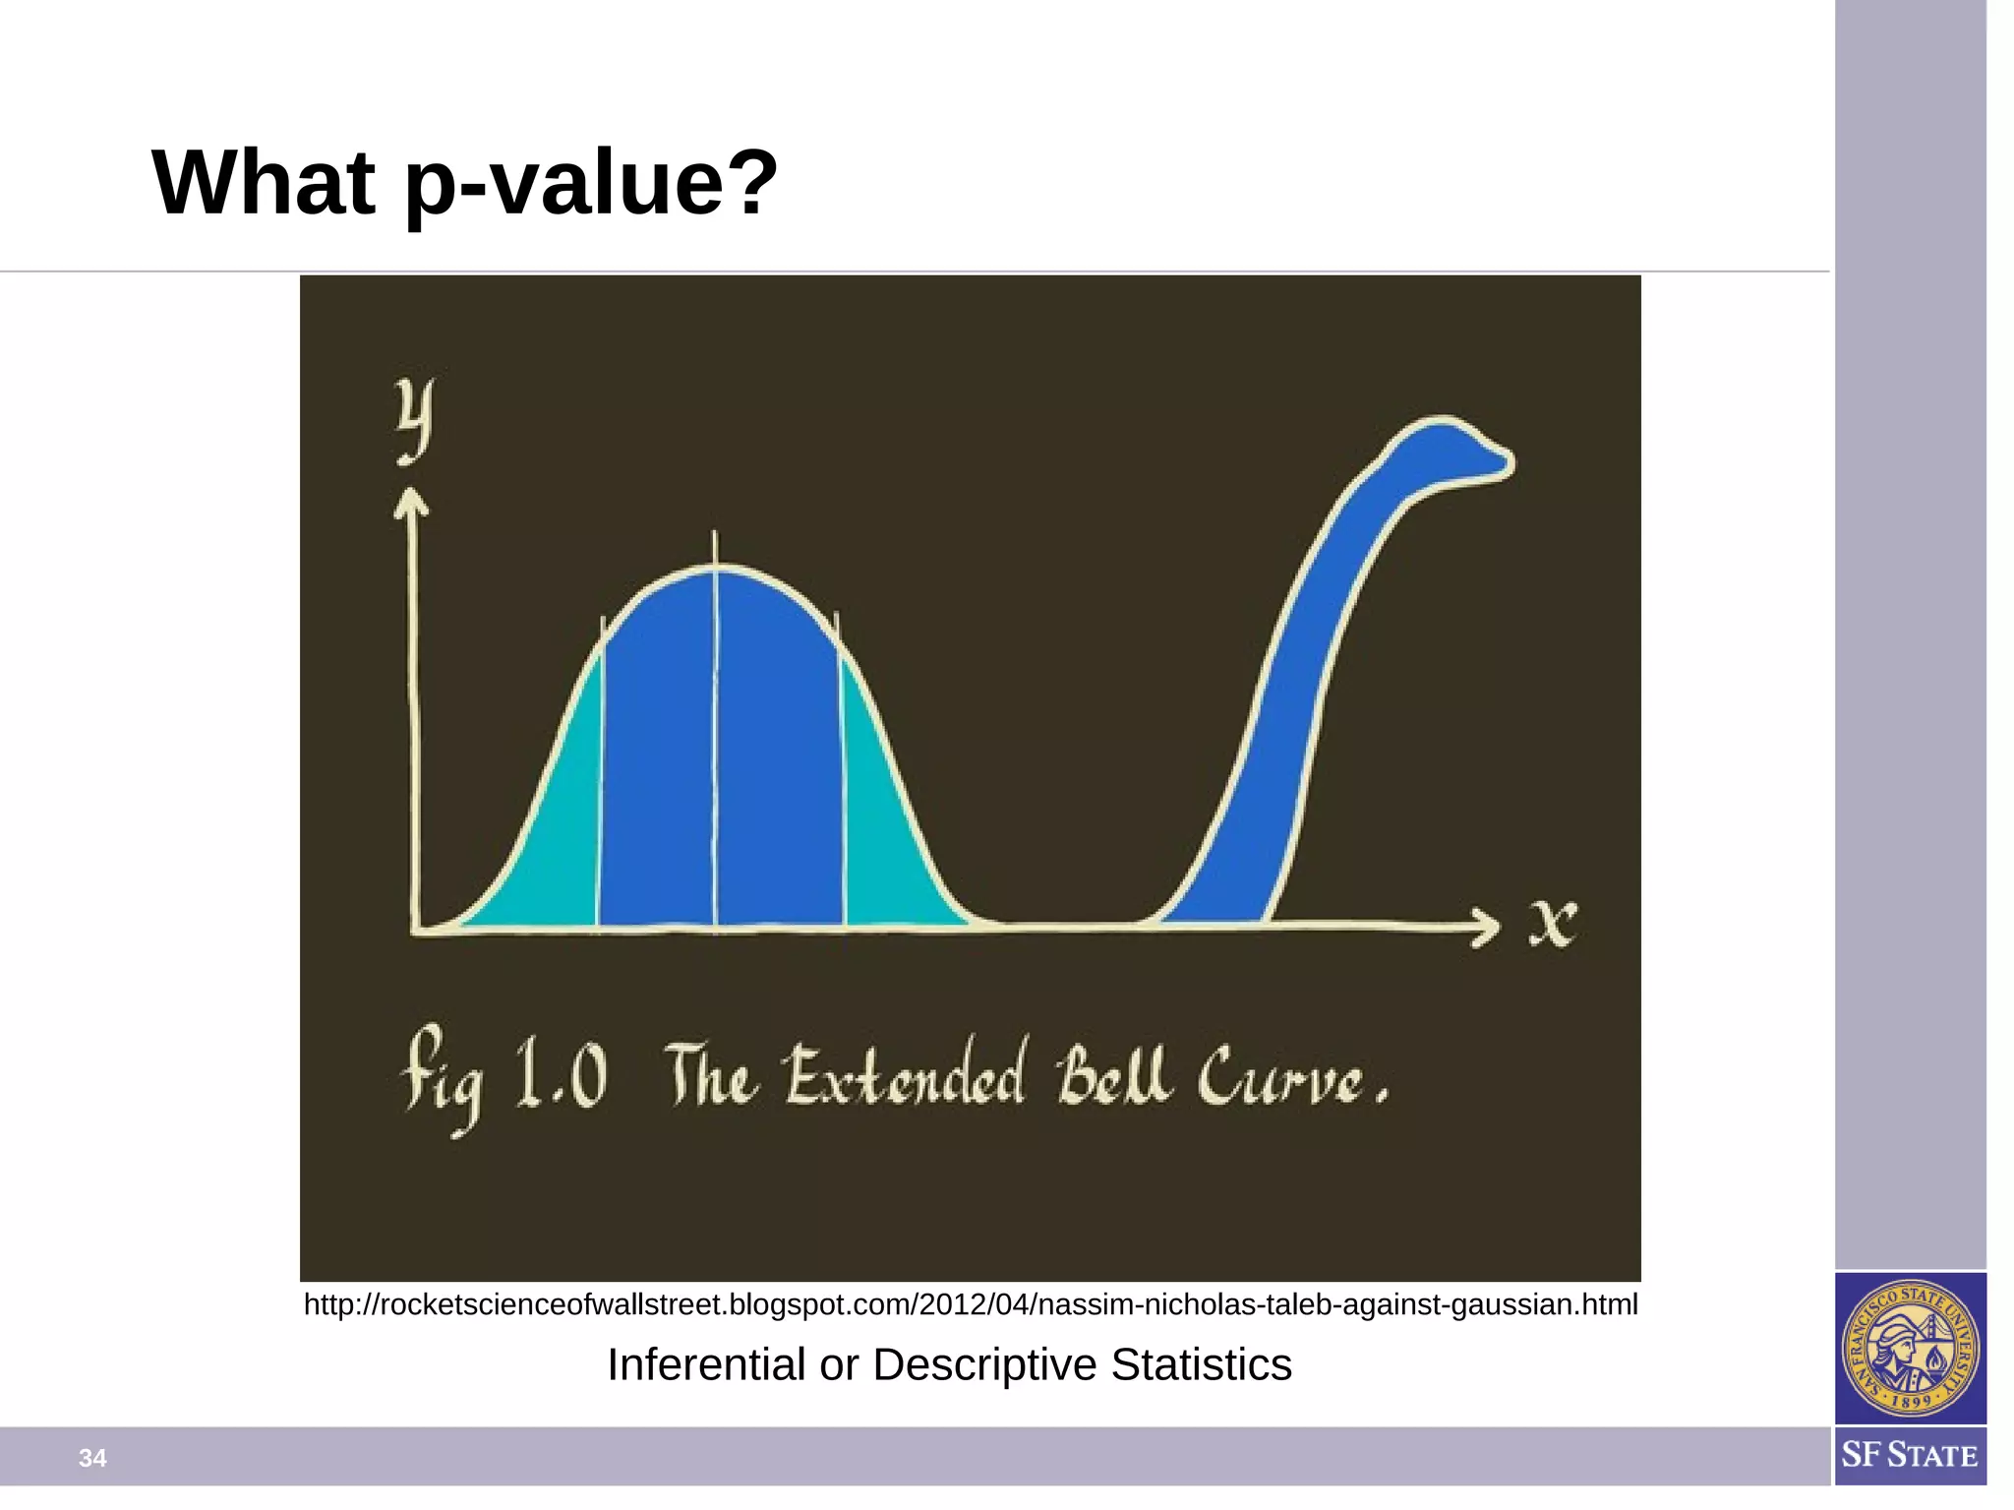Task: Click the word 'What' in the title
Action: (264, 183)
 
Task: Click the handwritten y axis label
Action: (414, 421)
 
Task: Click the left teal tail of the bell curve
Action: (551, 846)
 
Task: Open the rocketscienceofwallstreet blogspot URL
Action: (971, 1304)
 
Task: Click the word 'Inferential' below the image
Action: (706, 1365)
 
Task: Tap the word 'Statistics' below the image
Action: (1201, 1365)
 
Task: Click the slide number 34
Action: (92, 1458)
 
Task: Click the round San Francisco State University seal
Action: (1910, 1348)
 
